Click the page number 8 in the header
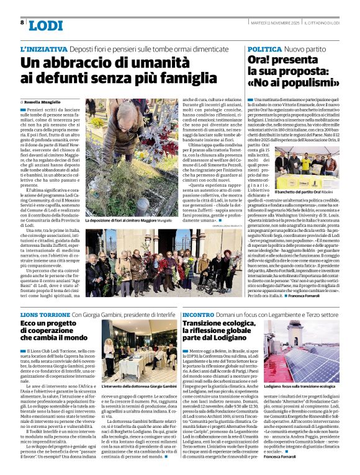22,22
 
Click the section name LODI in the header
46,25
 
